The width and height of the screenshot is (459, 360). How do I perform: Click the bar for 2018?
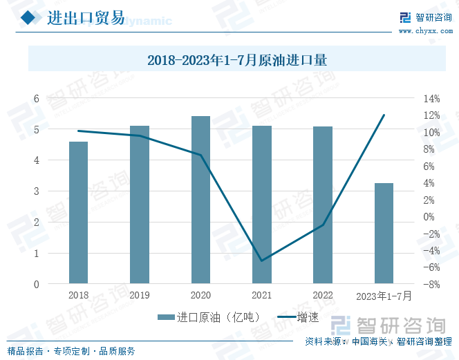[78, 213]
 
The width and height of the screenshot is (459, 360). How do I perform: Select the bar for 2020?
[200, 200]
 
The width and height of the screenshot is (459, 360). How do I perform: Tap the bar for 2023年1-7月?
[384, 234]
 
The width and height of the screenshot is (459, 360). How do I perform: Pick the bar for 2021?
[261, 205]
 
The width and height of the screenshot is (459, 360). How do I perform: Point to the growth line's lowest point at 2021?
[261, 260]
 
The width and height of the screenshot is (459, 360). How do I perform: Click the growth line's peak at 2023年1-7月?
[384, 115]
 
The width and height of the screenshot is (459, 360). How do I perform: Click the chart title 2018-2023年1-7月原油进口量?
[236, 60]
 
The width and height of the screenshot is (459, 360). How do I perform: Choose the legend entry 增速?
[298, 318]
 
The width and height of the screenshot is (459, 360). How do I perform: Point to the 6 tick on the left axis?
[36, 98]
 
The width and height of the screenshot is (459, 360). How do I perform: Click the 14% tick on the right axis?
[431, 98]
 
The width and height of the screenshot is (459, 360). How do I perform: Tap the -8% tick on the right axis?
[431, 284]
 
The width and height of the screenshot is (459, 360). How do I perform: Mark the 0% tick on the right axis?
[431, 216]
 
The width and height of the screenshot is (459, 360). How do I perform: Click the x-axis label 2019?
[140, 295]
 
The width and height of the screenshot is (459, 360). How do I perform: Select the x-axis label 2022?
[322, 295]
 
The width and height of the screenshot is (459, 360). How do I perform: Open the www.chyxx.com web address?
[424, 31]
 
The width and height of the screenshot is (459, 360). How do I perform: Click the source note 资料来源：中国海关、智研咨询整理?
[379, 341]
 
